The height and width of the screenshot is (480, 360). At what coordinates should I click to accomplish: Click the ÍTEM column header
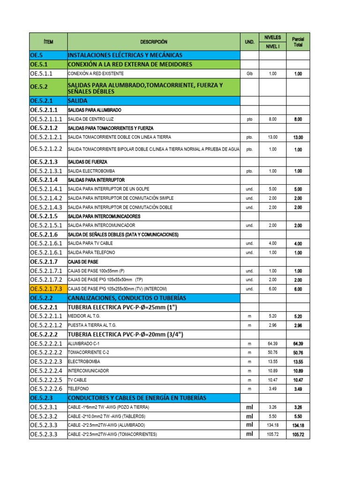pyautogui.click(x=48, y=42)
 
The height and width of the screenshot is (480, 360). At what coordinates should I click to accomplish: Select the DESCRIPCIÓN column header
pyautogui.click(x=153, y=42)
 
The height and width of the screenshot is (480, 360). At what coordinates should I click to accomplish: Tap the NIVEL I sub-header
pyautogui.click(x=272, y=46)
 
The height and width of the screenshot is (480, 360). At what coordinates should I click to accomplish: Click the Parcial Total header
pyautogui.click(x=298, y=42)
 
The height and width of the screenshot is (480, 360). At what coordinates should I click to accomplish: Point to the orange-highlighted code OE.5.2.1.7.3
pyautogui.click(x=48, y=289)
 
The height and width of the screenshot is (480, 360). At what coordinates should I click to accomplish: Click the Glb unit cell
pyautogui.click(x=249, y=74)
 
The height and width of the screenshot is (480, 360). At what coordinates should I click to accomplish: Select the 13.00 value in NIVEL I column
pyautogui.click(x=272, y=137)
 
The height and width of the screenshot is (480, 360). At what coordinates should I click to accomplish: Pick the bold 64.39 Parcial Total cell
pyautogui.click(x=298, y=344)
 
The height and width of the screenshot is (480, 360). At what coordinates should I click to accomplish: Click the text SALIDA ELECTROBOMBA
pyautogui.click(x=91, y=171)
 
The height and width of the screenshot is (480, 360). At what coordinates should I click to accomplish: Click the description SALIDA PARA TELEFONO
pyautogui.click(x=91, y=253)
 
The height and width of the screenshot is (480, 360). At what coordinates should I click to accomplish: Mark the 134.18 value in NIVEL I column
pyautogui.click(x=272, y=425)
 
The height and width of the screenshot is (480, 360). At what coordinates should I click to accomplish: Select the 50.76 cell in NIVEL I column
pyautogui.click(x=272, y=352)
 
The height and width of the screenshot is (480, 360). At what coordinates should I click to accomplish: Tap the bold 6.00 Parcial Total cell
pyautogui.click(x=298, y=289)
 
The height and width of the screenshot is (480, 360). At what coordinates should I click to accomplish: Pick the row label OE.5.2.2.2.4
pyautogui.click(x=46, y=371)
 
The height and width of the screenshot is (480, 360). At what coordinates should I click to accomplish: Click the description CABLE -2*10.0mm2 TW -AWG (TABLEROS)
pyautogui.click(x=106, y=416)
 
